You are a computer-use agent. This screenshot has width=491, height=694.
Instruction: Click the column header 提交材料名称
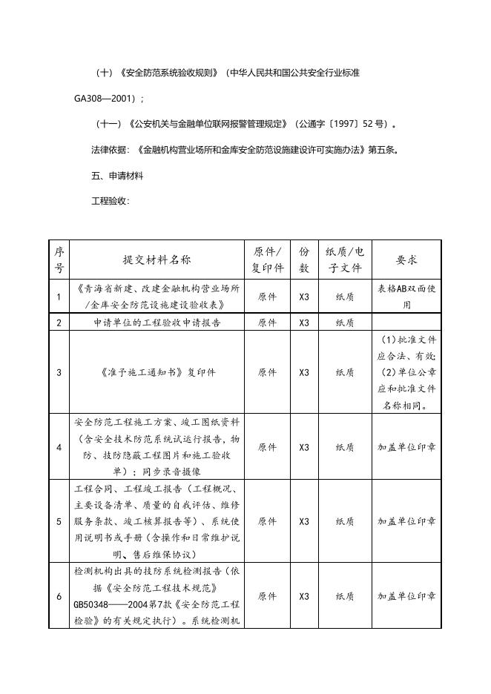coord(156,260)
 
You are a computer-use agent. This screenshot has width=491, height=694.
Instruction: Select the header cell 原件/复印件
coord(267,260)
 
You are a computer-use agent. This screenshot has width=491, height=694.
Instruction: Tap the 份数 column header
coord(304,260)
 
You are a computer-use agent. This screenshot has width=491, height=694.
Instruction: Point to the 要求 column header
coord(406,260)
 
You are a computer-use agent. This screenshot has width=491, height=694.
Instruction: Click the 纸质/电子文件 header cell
coord(345,260)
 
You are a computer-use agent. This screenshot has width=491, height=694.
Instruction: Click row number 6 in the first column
coord(59,596)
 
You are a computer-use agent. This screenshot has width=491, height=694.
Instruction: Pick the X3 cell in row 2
coord(304,323)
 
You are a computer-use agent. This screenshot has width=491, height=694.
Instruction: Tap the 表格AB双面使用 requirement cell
coord(406,297)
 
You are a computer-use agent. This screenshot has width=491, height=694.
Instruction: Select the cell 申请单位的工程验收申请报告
coord(156,323)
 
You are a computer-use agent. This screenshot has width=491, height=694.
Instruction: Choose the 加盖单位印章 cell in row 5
coord(406,522)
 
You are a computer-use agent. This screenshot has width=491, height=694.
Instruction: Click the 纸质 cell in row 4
coord(345,448)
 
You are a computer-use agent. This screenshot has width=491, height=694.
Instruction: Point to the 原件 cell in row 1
coord(267,297)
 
